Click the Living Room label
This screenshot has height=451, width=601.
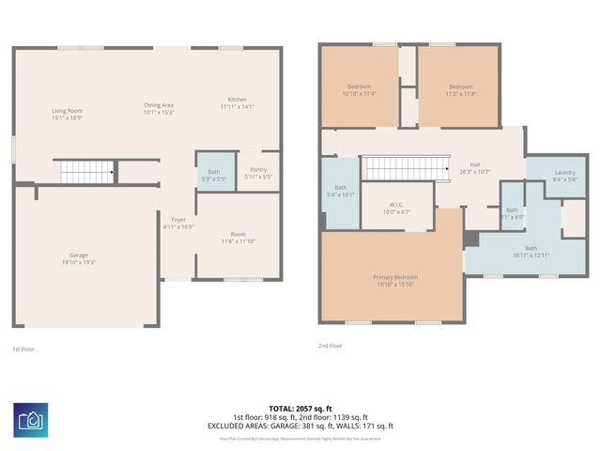[x=67, y=115]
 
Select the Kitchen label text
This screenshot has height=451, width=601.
[x=238, y=103]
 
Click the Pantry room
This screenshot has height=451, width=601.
[x=258, y=173]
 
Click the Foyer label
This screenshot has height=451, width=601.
[x=177, y=223]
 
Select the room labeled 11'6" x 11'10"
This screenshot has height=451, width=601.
[x=238, y=239]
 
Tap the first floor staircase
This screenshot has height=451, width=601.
[x=86, y=172]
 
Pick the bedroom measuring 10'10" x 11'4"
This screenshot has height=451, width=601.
[x=359, y=90]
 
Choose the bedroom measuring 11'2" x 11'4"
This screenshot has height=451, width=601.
[x=459, y=90]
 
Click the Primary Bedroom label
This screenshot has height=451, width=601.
[x=395, y=280]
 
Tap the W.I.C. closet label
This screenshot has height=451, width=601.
[x=396, y=208]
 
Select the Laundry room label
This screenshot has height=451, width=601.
[x=564, y=175]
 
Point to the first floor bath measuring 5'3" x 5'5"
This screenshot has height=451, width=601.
[x=214, y=173]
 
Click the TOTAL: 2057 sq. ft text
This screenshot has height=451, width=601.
[x=300, y=410]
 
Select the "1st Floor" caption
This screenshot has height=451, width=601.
[x=23, y=350]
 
